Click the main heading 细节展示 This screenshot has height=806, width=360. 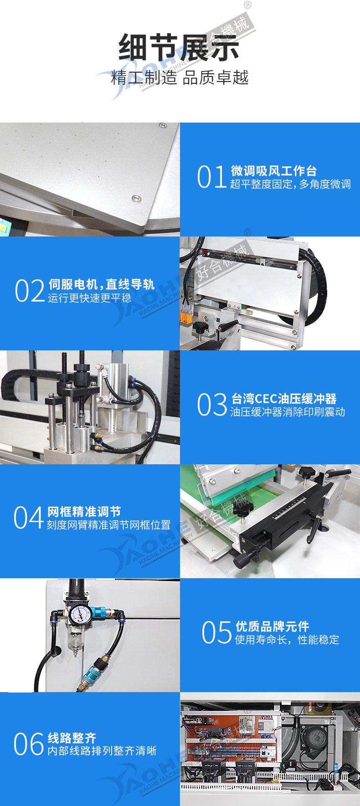(x=179, y=48)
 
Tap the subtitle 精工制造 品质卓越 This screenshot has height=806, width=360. (x=180, y=77)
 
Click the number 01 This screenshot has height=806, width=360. (x=211, y=177)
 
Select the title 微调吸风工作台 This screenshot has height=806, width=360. (x=274, y=171)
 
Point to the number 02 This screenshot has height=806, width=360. (x=30, y=291)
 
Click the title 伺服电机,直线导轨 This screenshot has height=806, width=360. (x=102, y=284)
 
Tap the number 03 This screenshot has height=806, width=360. (x=212, y=405)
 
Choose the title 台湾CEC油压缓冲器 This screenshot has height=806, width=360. (x=284, y=399)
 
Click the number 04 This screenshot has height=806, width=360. (x=29, y=518)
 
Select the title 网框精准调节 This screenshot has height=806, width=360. (x=84, y=512)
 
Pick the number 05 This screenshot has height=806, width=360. (x=217, y=632)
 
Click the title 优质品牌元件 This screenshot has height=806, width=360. (x=273, y=626)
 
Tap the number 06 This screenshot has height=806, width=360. (x=29, y=744)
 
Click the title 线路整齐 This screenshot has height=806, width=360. (x=72, y=738)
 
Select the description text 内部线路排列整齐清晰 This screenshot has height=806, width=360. (x=102, y=750)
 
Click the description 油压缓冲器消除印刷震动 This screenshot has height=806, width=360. (x=288, y=412)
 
